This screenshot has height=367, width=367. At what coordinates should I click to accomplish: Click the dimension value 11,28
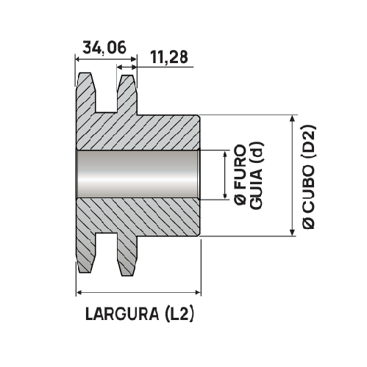click(x=171, y=57)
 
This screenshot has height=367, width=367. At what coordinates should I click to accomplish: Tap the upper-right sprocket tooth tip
click(x=127, y=76)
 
